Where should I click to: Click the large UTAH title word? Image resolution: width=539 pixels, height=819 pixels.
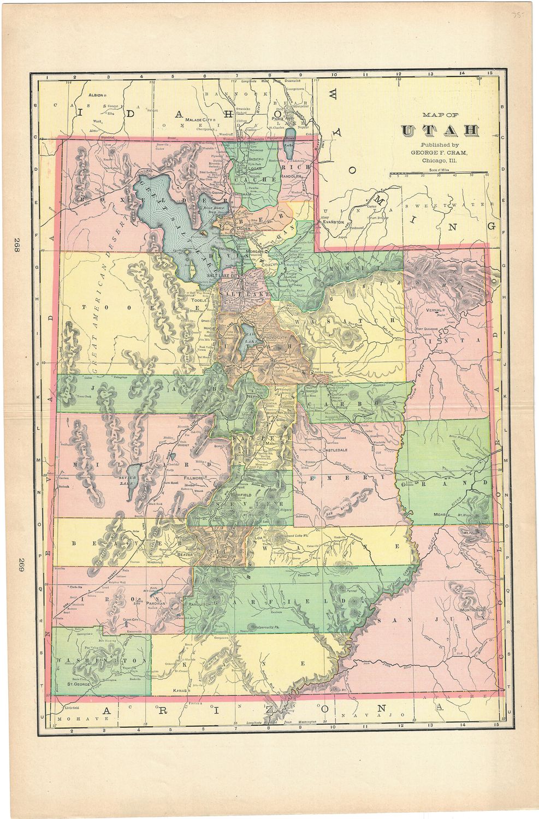[x=440, y=130]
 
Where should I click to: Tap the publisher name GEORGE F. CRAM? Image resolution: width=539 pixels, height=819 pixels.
[x=441, y=153]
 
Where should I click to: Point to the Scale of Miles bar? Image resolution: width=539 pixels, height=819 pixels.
[x=439, y=173]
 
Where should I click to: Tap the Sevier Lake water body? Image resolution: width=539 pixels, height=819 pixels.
[x=132, y=480]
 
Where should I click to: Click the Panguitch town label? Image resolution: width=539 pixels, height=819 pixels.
[x=200, y=620]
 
